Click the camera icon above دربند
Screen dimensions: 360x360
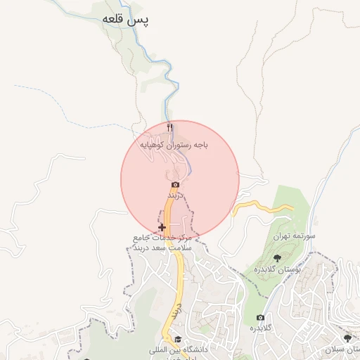(x=175, y=184)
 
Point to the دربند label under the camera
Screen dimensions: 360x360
(x=175, y=193)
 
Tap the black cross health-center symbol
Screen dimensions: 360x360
(x=162, y=228)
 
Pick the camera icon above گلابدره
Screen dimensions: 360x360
(x=260, y=318)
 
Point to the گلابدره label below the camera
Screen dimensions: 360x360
(x=261, y=328)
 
